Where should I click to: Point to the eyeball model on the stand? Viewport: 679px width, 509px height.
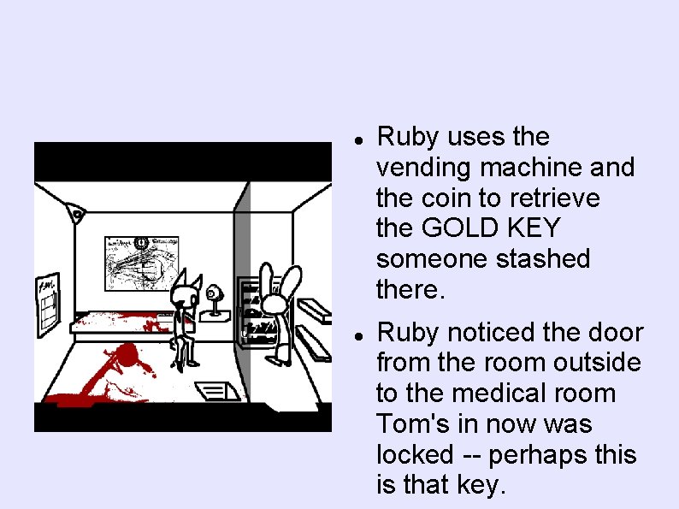tap(213, 295)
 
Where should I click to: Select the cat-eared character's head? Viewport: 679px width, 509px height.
tap(186, 296)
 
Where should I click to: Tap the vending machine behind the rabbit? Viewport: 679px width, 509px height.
tap(252, 312)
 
